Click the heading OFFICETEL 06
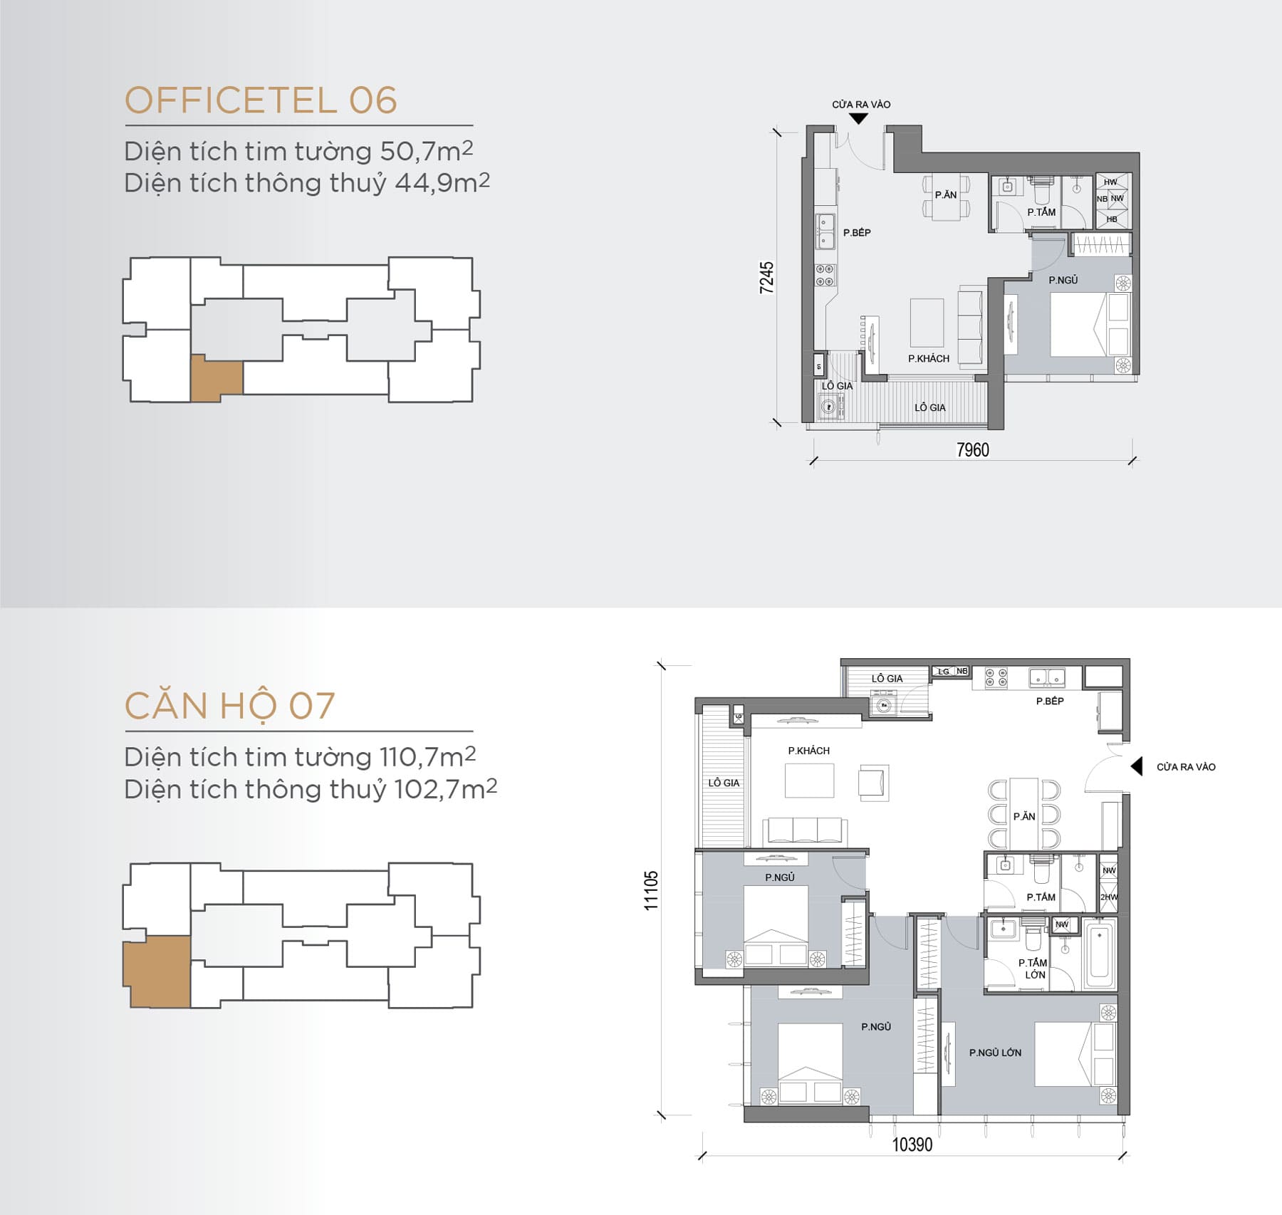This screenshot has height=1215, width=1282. point(261,100)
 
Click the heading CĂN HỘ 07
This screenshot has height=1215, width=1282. point(229,706)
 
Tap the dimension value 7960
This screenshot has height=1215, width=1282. point(972,450)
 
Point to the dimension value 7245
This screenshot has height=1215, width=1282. point(766,278)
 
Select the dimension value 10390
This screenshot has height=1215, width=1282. point(912,1144)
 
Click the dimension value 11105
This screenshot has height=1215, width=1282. point(651,890)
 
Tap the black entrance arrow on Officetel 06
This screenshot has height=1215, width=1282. point(859,119)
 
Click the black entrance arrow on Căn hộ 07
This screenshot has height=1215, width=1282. point(1137,766)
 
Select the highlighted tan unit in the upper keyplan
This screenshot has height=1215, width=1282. point(216,378)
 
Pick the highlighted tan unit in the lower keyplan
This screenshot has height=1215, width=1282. point(157,971)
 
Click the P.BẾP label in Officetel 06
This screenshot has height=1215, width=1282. point(857,233)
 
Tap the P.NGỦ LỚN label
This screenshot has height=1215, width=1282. point(995,1053)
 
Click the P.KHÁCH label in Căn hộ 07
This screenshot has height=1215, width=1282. point(808,751)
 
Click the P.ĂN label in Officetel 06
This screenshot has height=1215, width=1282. point(946,194)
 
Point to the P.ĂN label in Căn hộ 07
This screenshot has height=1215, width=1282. point(1023,817)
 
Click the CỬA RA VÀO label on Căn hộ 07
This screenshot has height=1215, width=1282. point(1186,767)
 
